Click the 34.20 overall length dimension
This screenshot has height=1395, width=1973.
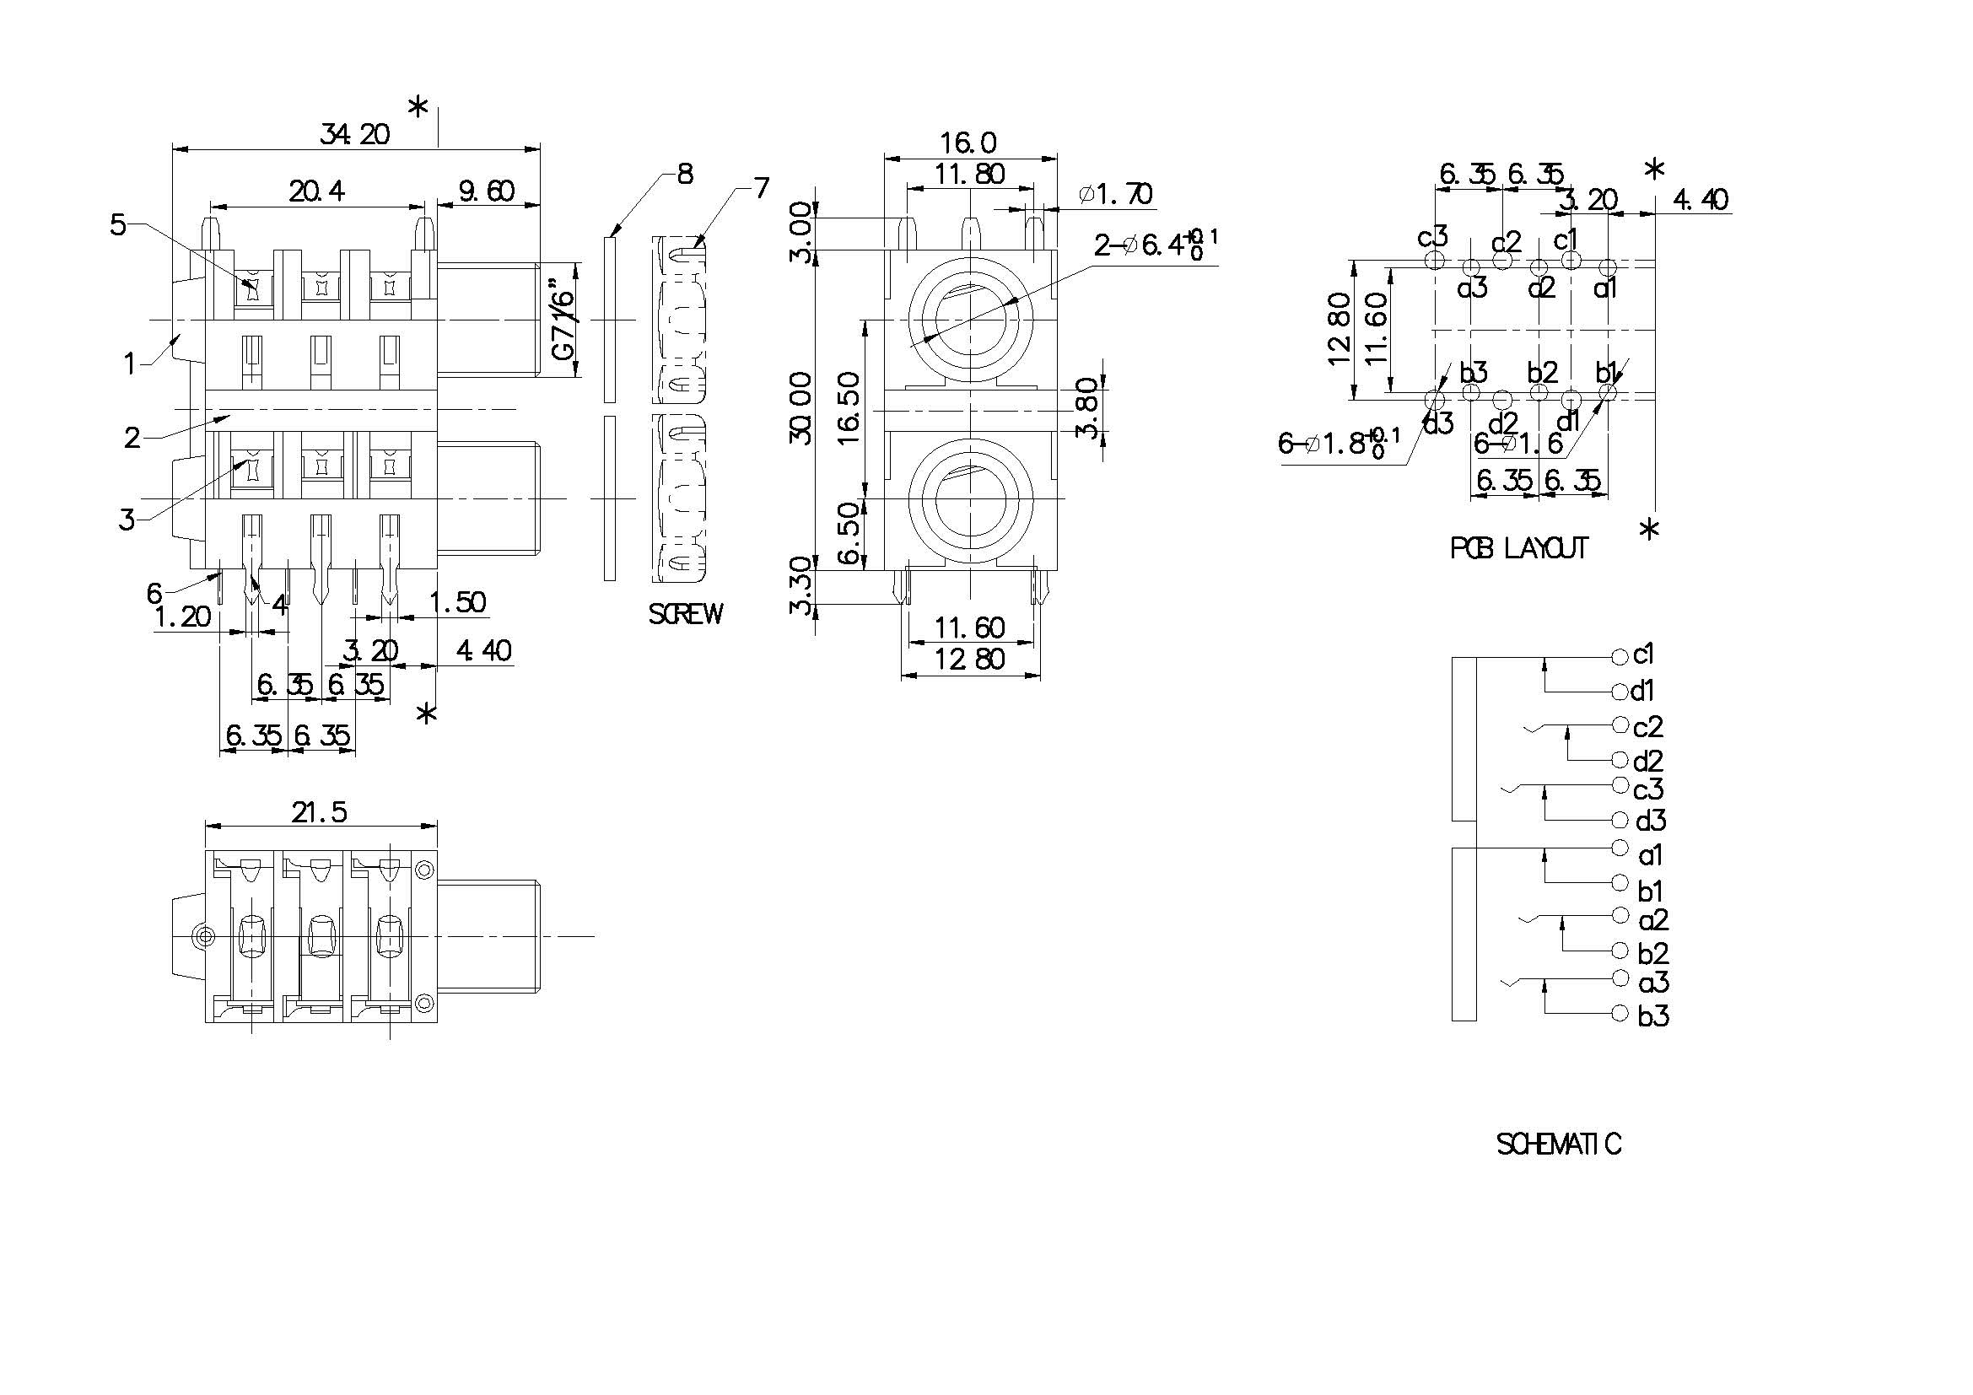click(354, 134)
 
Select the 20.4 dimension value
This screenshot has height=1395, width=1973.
click(316, 191)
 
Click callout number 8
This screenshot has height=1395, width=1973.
click(685, 175)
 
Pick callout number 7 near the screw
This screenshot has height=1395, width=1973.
click(762, 188)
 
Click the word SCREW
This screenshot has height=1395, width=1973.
click(685, 613)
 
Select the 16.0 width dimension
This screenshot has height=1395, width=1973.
click(968, 142)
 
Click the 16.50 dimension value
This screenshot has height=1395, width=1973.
click(848, 407)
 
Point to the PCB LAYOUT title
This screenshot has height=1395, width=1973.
click(1518, 548)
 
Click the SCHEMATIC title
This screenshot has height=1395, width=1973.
click(1559, 1145)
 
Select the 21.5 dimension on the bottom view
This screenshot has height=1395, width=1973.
click(319, 811)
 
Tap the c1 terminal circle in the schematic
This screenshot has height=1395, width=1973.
click(1620, 657)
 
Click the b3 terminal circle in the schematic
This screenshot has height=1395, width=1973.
click(1620, 1013)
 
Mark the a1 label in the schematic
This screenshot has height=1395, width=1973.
click(1651, 855)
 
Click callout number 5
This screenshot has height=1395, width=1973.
click(118, 225)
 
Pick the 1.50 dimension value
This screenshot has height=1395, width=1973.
click(457, 602)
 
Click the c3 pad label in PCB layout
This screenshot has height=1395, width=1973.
click(1432, 235)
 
